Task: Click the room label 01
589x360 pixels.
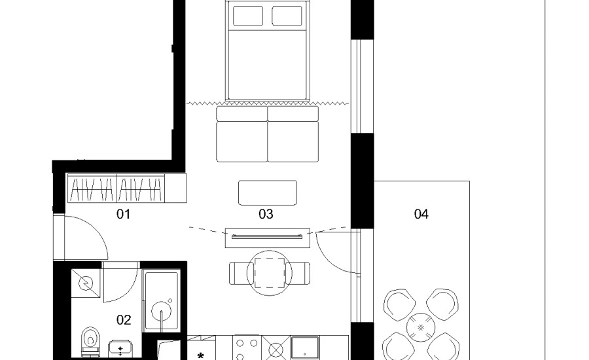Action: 123,214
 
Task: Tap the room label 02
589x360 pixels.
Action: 124,320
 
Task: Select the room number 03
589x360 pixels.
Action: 266,214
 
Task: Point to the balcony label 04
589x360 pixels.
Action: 421,214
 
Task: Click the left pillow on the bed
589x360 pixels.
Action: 248,16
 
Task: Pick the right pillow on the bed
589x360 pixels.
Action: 287,16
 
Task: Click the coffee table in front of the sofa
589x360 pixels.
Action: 268,193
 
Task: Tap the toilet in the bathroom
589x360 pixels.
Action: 90,341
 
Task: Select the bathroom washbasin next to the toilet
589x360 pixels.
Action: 120,350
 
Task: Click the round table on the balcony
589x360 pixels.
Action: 421,327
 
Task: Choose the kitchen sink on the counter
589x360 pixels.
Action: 304,348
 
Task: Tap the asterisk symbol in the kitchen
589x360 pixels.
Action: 200,355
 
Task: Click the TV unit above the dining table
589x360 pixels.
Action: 268,238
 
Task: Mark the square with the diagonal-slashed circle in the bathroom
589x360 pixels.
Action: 86,283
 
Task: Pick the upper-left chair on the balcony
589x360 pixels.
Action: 399,304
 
